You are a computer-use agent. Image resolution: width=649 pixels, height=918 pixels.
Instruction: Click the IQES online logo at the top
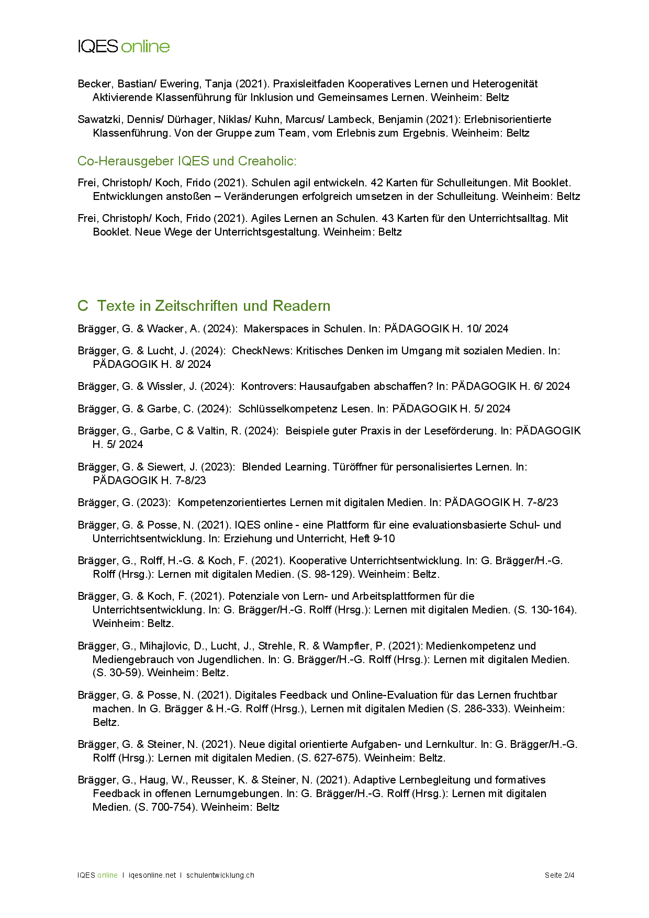124,47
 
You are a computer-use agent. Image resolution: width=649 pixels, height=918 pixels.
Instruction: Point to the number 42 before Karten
376,183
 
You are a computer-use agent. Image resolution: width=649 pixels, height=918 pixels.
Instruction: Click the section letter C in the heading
82,306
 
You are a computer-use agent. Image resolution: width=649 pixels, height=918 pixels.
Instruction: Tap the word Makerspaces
275,329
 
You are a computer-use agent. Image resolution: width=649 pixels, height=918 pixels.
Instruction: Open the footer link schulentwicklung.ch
220,875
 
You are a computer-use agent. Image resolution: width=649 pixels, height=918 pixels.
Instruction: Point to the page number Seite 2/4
559,875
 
